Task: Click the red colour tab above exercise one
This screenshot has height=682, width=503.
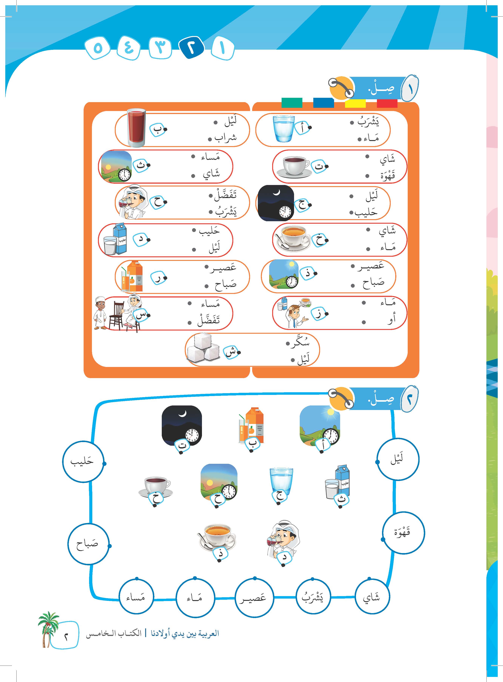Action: (387, 103)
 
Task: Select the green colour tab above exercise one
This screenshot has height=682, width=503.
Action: (292, 103)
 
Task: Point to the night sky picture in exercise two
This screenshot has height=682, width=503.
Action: (182, 425)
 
